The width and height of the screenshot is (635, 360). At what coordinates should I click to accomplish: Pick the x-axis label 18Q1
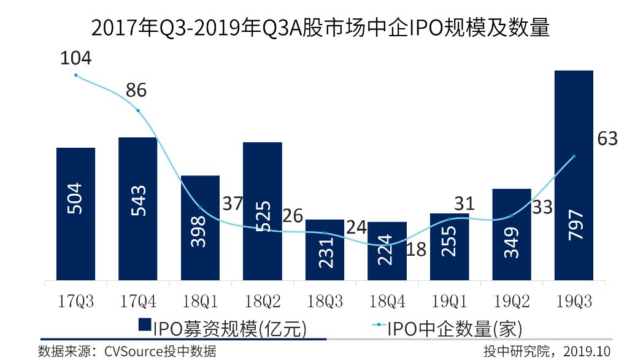tap(200, 301)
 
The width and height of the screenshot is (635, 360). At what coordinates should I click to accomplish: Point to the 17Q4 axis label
tap(137, 301)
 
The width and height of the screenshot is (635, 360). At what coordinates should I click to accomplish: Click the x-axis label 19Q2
tap(511, 301)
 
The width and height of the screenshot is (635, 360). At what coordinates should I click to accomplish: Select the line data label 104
tap(75, 59)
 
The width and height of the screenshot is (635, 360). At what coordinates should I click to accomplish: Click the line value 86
tap(136, 91)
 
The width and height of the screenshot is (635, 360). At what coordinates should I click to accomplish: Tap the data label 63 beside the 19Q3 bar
tap(607, 139)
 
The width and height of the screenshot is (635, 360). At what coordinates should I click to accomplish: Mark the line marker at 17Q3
tap(75, 75)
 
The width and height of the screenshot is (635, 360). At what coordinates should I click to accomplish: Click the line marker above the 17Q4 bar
tap(138, 111)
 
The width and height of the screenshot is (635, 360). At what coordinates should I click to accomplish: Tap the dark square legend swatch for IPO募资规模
tap(145, 326)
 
